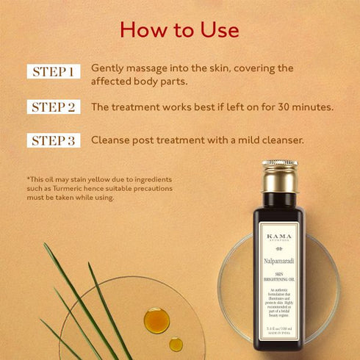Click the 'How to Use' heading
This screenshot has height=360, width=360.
coord(179,29)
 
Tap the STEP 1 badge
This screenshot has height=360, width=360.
coord(54,72)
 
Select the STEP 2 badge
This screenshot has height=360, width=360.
coord(54,107)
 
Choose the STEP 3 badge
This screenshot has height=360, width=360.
coord(54,140)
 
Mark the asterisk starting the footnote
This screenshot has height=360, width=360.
coord(27,178)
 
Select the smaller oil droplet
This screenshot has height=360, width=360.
coord(176,344)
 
